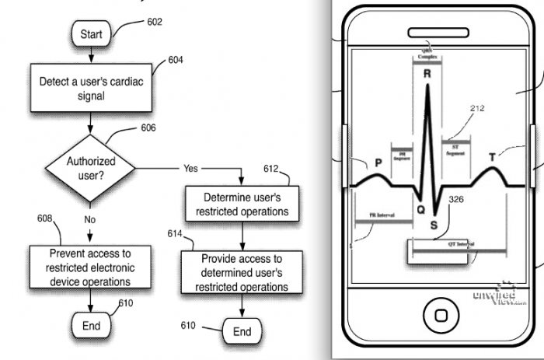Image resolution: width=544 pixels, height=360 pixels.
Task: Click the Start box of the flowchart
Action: pyautogui.click(x=92, y=33)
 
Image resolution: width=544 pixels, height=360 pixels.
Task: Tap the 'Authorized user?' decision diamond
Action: pyautogui.click(x=90, y=167)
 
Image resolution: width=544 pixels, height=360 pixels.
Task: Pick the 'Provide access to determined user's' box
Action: pyautogui.click(x=241, y=272)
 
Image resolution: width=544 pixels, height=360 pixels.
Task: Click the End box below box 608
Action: pyautogui.click(x=91, y=326)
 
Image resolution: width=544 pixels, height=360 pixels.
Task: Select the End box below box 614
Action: pyautogui.click(x=242, y=332)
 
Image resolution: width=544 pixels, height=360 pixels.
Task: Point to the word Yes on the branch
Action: pyautogui.click(x=190, y=168)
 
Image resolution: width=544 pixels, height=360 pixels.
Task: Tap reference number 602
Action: pyautogui.click(x=155, y=22)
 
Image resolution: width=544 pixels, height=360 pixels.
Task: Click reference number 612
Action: pyautogui.click(x=270, y=168)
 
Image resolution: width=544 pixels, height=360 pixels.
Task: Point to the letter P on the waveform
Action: pyautogui.click(x=378, y=163)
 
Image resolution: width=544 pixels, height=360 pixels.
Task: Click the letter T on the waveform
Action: pyautogui.click(x=492, y=159)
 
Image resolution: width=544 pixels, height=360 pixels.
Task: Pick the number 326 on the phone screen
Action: pyautogui.click(x=456, y=200)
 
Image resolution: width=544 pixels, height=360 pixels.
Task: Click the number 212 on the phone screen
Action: pyautogui.click(x=476, y=109)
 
